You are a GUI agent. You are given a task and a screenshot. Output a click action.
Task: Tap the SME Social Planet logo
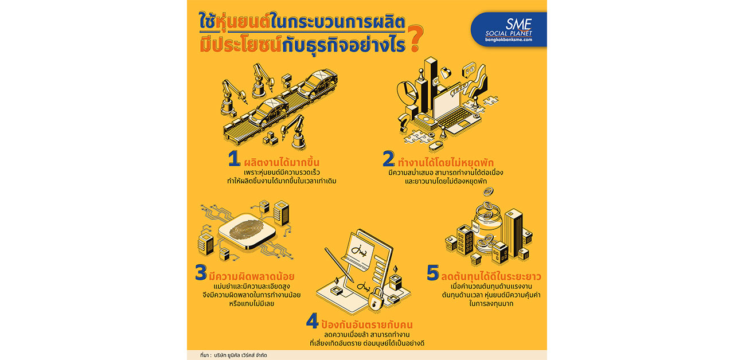(x=509, y=29)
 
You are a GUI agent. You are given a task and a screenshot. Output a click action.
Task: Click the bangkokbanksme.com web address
(x=509, y=40)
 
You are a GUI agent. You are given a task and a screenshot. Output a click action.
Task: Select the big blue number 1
(x=234, y=159)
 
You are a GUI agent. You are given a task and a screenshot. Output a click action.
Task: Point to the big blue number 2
(x=389, y=159)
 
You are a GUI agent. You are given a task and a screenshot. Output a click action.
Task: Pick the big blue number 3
(x=201, y=272)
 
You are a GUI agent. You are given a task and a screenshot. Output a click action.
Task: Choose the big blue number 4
(x=313, y=321)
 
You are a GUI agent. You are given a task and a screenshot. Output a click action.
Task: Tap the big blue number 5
(x=432, y=272)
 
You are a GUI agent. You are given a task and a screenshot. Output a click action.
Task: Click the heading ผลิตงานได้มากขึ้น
(x=282, y=162)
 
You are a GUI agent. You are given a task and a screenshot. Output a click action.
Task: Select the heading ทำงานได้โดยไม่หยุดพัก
(x=446, y=162)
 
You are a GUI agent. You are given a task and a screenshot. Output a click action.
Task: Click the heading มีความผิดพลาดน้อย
(x=252, y=276)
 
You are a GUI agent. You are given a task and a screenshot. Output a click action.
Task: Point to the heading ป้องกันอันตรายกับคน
(x=367, y=324)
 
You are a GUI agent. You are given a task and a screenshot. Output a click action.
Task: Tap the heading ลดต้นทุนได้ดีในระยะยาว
(x=491, y=276)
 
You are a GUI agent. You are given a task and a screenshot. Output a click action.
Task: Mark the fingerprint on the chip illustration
(x=246, y=229)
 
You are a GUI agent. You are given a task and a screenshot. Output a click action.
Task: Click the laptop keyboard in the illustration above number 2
(x=456, y=118)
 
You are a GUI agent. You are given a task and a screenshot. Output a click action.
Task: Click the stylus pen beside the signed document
(x=339, y=265)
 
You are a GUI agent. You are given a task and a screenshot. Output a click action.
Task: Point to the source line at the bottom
(x=233, y=355)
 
